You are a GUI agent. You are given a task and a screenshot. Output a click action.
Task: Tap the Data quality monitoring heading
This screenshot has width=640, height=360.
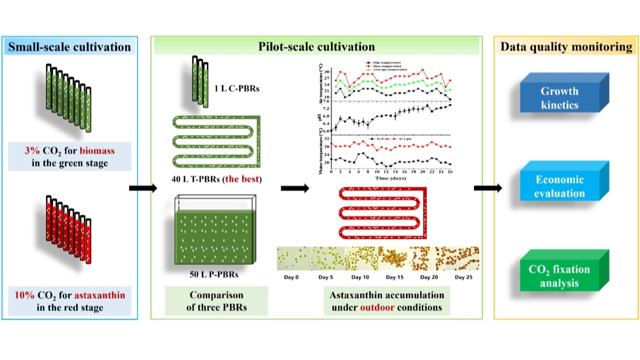tap(566, 47)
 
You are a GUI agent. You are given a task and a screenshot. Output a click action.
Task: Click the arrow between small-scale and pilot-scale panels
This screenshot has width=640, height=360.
tap(142, 188)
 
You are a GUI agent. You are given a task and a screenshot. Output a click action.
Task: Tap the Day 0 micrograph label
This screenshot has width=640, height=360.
tap(293, 277)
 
